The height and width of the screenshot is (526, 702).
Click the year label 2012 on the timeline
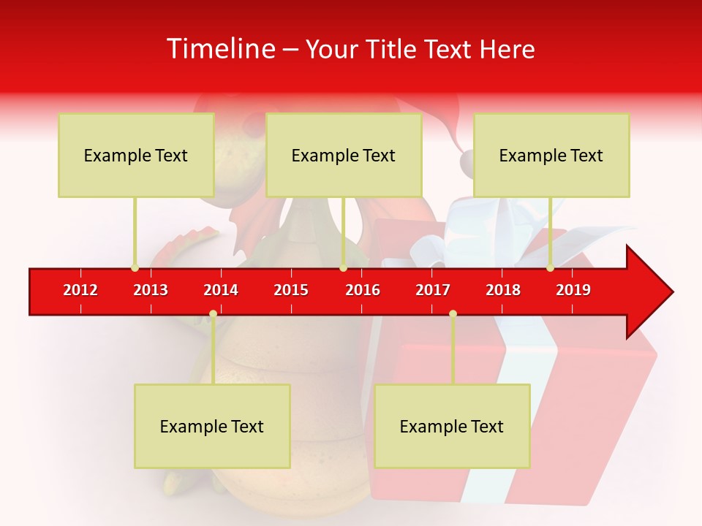pyautogui.click(x=80, y=290)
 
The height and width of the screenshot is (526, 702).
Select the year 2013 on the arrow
pyautogui.click(x=151, y=290)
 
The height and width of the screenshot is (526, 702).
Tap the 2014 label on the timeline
pyautogui.click(x=221, y=290)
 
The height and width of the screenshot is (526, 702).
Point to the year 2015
pyautogui.click(x=291, y=290)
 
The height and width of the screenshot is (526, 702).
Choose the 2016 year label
pyautogui.click(x=363, y=290)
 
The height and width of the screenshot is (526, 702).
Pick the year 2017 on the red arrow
pyautogui.click(x=433, y=290)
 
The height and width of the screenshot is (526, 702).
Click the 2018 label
pyautogui.click(x=503, y=290)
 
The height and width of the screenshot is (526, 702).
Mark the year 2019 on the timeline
pyautogui.click(x=573, y=290)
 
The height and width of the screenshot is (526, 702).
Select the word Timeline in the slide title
pyautogui.click(x=219, y=49)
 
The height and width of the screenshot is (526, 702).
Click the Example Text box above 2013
pyautogui.click(x=136, y=155)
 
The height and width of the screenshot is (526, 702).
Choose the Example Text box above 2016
pyautogui.click(x=344, y=155)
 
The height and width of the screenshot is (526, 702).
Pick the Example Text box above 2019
pyautogui.click(x=551, y=155)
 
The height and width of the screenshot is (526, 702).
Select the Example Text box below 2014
pyautogui.click(x=212, y=426)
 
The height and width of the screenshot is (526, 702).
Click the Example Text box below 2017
pyautogui.click(x=452, y=426)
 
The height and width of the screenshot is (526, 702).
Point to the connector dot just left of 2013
pyautogui.click(x=135, y=268)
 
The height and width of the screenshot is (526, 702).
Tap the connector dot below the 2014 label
pyautogui.click(x=213, y=314)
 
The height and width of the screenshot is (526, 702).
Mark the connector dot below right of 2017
pyautogui.click(x=453, y=314)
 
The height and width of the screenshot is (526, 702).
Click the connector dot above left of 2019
pyautogui.click(x=550, y=268)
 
